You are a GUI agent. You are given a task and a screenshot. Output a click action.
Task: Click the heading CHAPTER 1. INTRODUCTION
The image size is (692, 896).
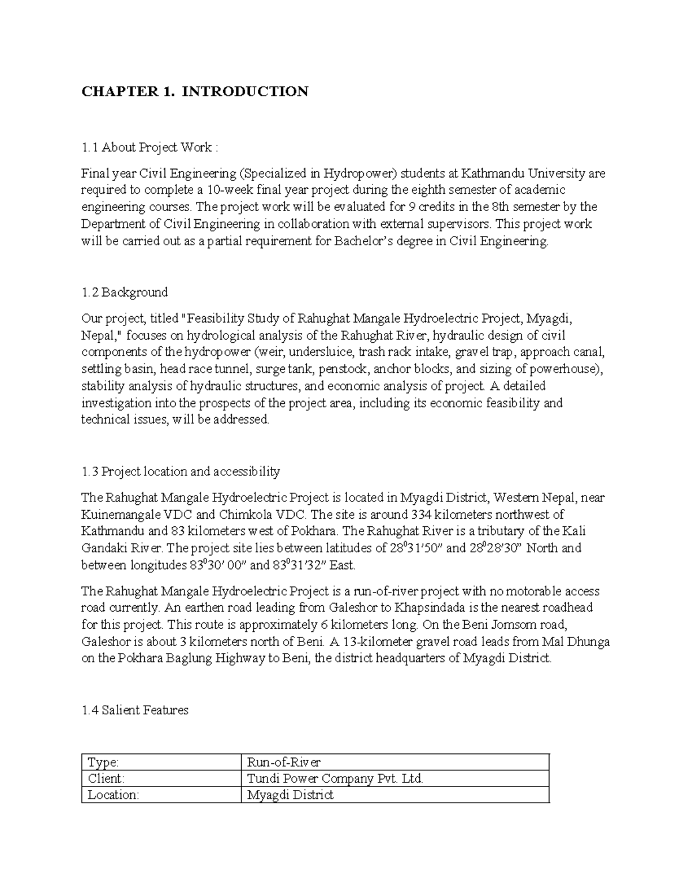click(195, 92)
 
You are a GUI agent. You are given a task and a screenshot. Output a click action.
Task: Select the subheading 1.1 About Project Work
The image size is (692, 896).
click(149, 148)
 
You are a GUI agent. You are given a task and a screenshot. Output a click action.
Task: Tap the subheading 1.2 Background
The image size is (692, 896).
click(125, 292)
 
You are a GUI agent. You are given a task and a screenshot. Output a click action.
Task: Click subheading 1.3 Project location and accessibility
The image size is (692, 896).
click(180, 471)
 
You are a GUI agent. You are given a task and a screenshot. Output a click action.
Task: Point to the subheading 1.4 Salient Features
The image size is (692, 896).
click(135, 710)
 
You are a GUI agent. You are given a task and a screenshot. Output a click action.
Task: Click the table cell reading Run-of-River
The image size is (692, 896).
click(284, 762)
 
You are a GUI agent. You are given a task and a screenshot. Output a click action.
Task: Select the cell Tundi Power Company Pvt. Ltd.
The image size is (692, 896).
click(334, 778)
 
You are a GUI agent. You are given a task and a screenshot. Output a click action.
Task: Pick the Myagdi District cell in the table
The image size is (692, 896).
click(290, 794)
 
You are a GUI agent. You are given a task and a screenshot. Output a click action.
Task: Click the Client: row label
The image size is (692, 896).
click(106, 778)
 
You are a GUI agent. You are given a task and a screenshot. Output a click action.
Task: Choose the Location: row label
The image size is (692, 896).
click(113, 794)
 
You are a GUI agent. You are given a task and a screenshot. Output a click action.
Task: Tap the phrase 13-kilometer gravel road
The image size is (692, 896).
click(403, 642)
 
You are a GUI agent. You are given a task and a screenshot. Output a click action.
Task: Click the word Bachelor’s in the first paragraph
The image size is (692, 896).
click(362, 241)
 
